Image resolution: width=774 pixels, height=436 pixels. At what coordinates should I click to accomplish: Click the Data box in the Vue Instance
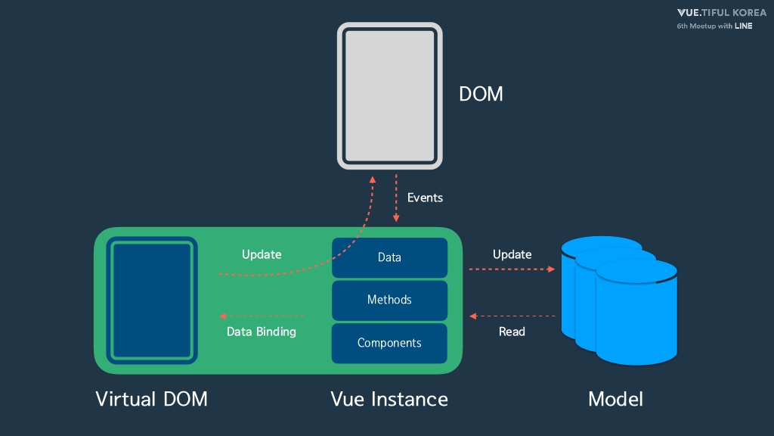(389, 257)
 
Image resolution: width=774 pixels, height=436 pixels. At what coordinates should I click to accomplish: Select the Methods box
(389, 300)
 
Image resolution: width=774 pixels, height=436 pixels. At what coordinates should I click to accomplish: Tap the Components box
(389, 343)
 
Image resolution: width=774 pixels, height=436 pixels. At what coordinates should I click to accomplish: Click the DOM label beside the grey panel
(481, 94)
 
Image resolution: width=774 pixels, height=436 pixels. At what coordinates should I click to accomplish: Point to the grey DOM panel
(389, 96)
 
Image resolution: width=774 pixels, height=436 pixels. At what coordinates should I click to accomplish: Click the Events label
(425, 198)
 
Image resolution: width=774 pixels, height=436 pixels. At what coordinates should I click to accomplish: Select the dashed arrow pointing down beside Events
(396, 198)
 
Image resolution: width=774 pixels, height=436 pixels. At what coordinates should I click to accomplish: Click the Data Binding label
(261, 332)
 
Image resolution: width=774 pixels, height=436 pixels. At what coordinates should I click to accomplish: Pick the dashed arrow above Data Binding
(262, 316)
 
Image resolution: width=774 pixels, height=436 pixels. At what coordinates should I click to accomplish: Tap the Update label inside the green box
(262, 254)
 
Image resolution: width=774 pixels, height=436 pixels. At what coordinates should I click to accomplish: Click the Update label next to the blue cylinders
(512, 254)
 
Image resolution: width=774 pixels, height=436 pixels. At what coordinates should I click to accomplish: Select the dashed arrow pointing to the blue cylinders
(512, 269)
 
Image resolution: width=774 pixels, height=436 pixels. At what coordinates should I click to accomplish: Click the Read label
(512, 332)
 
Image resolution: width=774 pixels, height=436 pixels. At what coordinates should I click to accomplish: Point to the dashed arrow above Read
(512, 316)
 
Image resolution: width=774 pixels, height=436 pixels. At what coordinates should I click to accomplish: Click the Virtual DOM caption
(151, 399)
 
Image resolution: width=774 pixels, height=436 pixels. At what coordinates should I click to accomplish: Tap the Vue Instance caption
(389, 399)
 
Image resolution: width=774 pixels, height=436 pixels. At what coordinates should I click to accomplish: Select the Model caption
(615, 399)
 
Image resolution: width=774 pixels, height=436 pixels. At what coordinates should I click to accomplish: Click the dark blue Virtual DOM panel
(152, 301)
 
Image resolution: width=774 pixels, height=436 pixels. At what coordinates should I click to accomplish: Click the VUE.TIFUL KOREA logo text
(722, 13)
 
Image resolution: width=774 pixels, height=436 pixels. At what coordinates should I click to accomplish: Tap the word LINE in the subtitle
(744, 26)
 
